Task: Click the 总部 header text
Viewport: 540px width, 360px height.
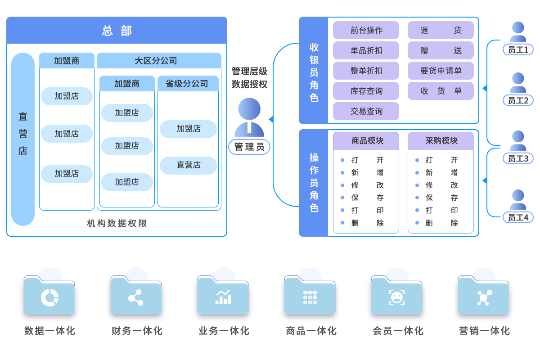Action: (x=117, y=31)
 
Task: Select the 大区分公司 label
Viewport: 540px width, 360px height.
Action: (x=156, y=61)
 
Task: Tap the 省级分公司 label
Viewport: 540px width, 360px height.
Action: (x=187, y=84)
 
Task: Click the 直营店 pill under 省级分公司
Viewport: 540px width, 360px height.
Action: (x=189, y=165)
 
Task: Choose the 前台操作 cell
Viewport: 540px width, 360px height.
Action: (x=366, y=30)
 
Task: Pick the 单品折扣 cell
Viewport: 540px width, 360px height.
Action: (x=366, y=50)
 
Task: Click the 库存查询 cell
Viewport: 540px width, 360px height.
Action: (x=366, y=91)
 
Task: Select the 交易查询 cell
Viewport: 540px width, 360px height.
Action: (x=366, y=111)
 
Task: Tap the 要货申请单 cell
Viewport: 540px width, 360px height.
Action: (x=441, y=71)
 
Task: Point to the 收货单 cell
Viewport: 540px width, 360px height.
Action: (x=441, y=91)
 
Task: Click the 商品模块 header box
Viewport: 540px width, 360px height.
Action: (x=366, y=141)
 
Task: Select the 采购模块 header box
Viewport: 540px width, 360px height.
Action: (x=441, y=141)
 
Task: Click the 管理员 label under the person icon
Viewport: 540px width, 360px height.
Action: (x=249, y=146)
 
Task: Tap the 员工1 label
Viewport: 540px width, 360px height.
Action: (x=518, y=49)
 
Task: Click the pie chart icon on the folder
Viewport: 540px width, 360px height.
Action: (x=49, y=297)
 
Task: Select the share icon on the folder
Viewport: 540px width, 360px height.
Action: (x=136, y=297)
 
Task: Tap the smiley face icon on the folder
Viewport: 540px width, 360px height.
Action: (x=396, y=297)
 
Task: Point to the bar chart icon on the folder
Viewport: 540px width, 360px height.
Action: (x=223, y=297)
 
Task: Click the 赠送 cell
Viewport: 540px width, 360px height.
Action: (x=441, y=50)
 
